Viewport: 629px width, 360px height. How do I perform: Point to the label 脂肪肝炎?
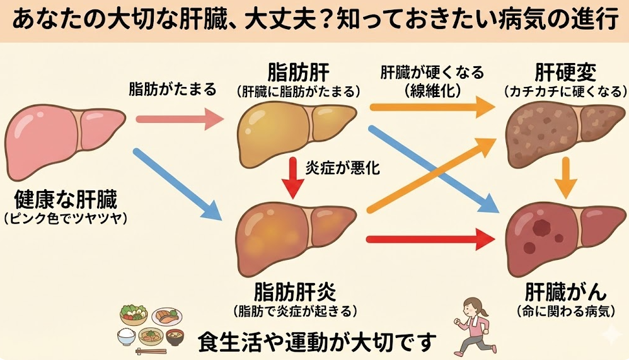click(295, 293)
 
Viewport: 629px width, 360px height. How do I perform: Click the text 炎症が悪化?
click(333, 168)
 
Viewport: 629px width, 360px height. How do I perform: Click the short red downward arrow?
click(292, 176)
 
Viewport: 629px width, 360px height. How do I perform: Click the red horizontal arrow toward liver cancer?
click(429, 239)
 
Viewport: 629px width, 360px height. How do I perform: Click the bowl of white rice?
click(128, 335)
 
